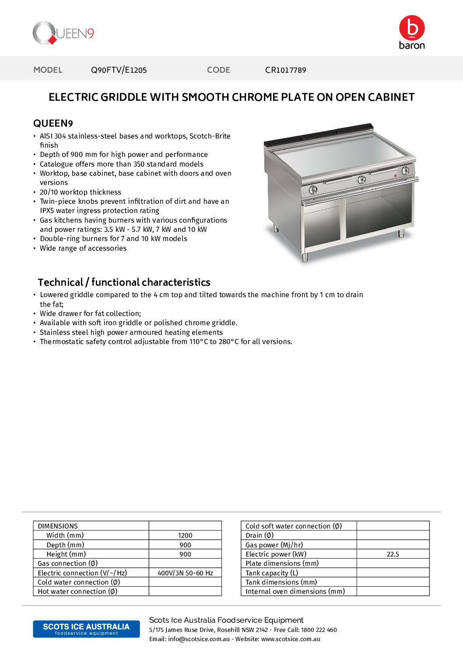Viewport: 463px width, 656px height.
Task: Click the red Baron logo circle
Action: click(x=412, y=28)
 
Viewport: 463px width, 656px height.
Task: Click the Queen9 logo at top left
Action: click(x=63, y=33)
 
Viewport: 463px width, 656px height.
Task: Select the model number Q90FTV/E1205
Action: click(x=119, y=70)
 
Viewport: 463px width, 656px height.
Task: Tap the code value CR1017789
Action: click(x=285, y=70)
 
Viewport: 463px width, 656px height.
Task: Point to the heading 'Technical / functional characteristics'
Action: click(x=124, y=282)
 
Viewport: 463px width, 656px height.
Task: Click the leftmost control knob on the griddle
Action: click(x=313, y=190)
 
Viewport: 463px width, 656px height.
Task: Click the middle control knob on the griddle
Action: click(x=361, y=179)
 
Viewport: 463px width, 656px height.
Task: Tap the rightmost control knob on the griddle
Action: click(x=406, y=170)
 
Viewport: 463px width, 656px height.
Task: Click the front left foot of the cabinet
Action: click(x=305, y=258)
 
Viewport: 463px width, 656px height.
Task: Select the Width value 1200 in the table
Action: click(x=185, y=535)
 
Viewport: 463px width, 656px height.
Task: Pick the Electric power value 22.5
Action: click(x=393, y=554)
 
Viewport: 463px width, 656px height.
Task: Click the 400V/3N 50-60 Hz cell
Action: click(x=185, y=573)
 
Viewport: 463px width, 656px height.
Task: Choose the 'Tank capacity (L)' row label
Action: click(x=272, y=573)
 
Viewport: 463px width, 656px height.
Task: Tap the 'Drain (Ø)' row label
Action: click(x=260, y=535)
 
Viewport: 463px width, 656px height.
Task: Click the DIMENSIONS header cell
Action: click(x=58, y=526)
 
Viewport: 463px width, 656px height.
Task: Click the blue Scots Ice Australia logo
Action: click(x=86, y=629)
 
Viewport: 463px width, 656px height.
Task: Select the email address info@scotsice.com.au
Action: click(x=199, y=639)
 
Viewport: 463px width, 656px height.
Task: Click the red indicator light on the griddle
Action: click(x=395, y=176)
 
